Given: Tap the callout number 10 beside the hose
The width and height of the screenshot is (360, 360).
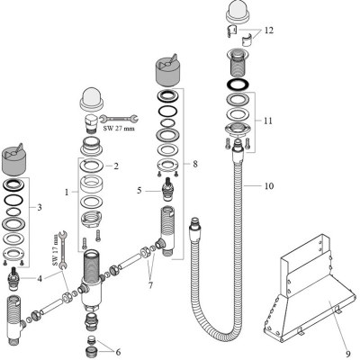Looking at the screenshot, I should pos(270,187).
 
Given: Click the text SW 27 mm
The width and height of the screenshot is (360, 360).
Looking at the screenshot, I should pos(121,129).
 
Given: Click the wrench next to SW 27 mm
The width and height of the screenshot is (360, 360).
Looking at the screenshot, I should pos(118,116).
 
